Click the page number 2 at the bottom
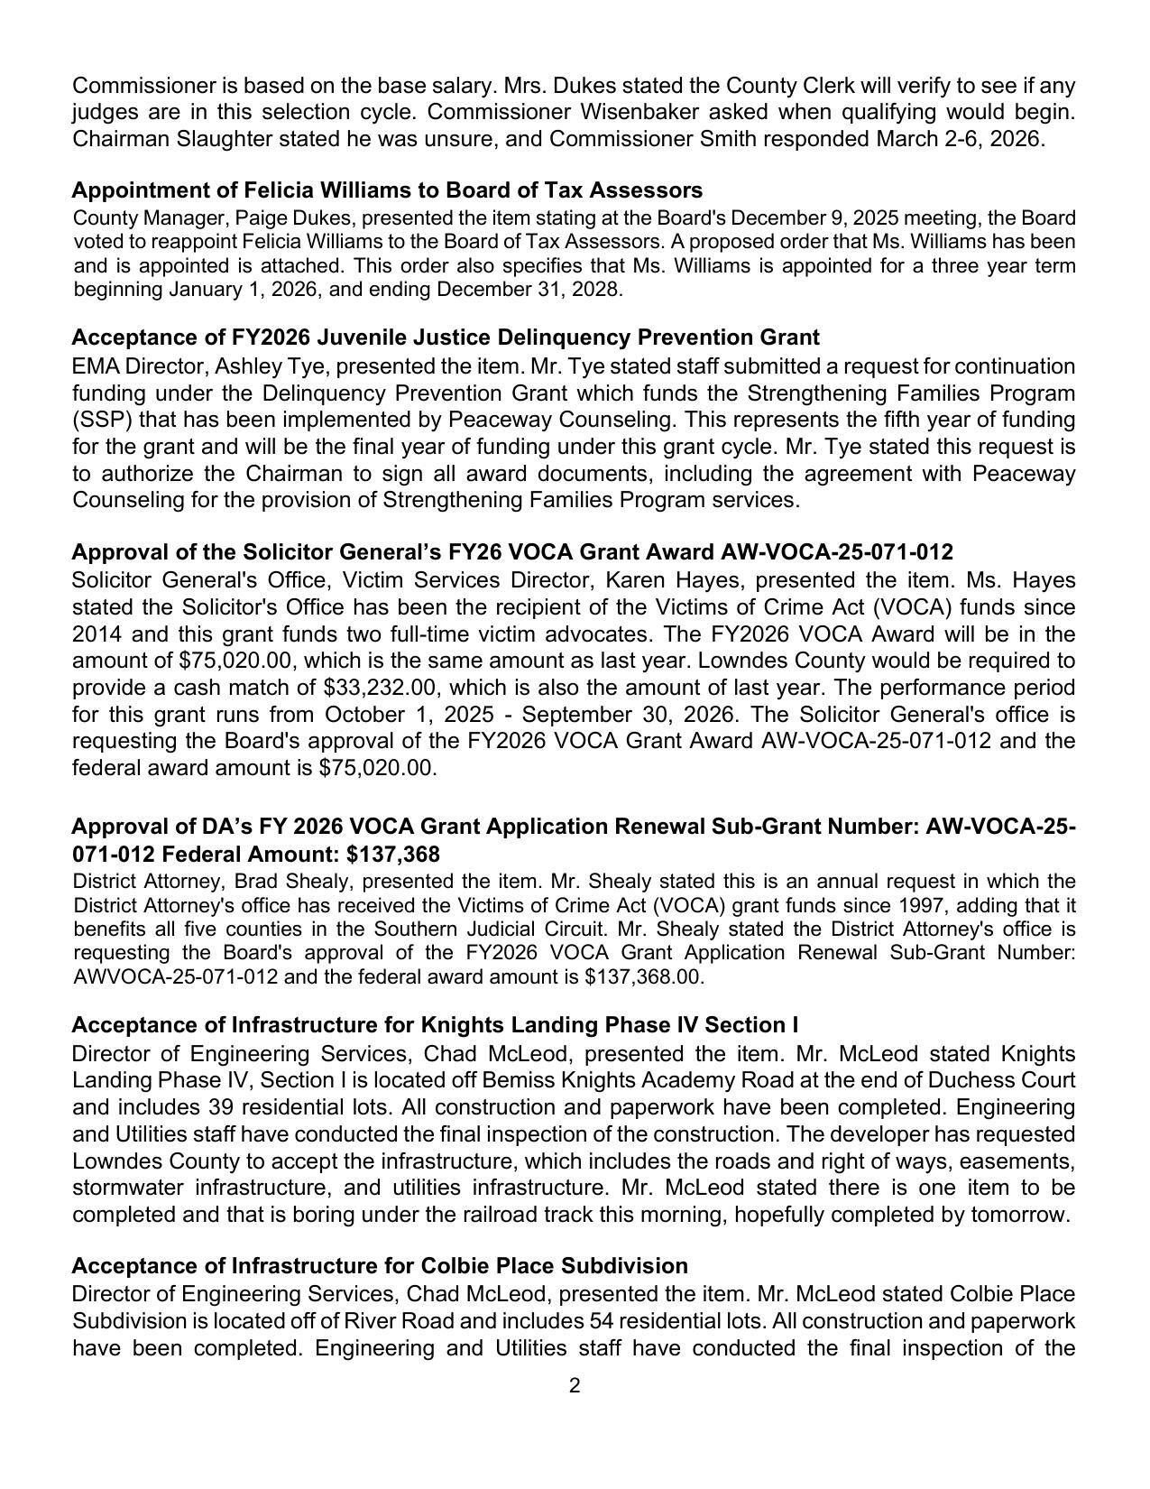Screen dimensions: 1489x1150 [x=575, y=1385]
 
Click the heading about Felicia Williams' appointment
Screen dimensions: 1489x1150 [x=387, y=190]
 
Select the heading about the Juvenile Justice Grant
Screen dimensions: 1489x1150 [x=446, y=338]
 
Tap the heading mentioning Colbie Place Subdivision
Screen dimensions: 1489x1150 [x=380, y=1265]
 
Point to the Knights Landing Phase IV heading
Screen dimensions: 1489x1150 [x=435, y=1025]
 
